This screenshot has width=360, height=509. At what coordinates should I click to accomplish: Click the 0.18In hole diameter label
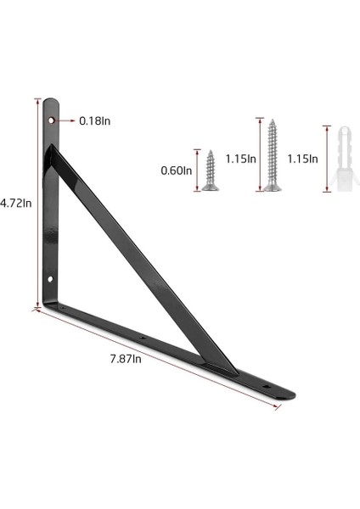pos(95,121)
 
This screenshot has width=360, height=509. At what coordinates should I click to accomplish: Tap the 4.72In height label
pos(16,204)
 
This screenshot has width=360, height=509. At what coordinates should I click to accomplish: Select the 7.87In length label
pos(126,359)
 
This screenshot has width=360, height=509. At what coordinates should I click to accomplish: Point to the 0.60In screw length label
pos(177,171)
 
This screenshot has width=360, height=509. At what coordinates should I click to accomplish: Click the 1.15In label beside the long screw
pos(240,159)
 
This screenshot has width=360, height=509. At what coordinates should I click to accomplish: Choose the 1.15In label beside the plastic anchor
pos(302,159)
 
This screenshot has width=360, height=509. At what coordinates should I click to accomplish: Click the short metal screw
pos(210,171)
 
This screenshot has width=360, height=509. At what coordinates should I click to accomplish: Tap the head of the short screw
pos(210,186)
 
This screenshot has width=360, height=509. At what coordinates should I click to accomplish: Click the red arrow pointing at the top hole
pos(66,121)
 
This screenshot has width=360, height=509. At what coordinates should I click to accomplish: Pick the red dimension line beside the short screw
pos(198,171)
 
